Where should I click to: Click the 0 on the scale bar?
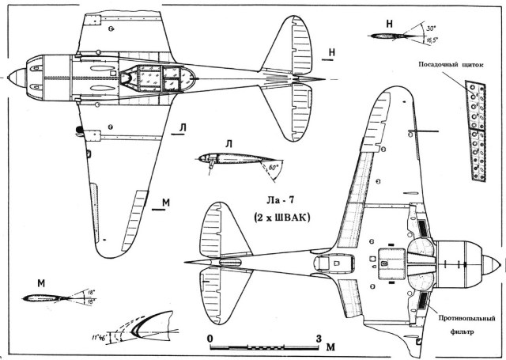[x=210, y=339]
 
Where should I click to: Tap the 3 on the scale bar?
[x=319, y=339]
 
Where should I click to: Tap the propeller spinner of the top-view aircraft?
[x=12, y=77]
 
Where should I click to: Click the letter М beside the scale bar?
[x=331, y=345]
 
